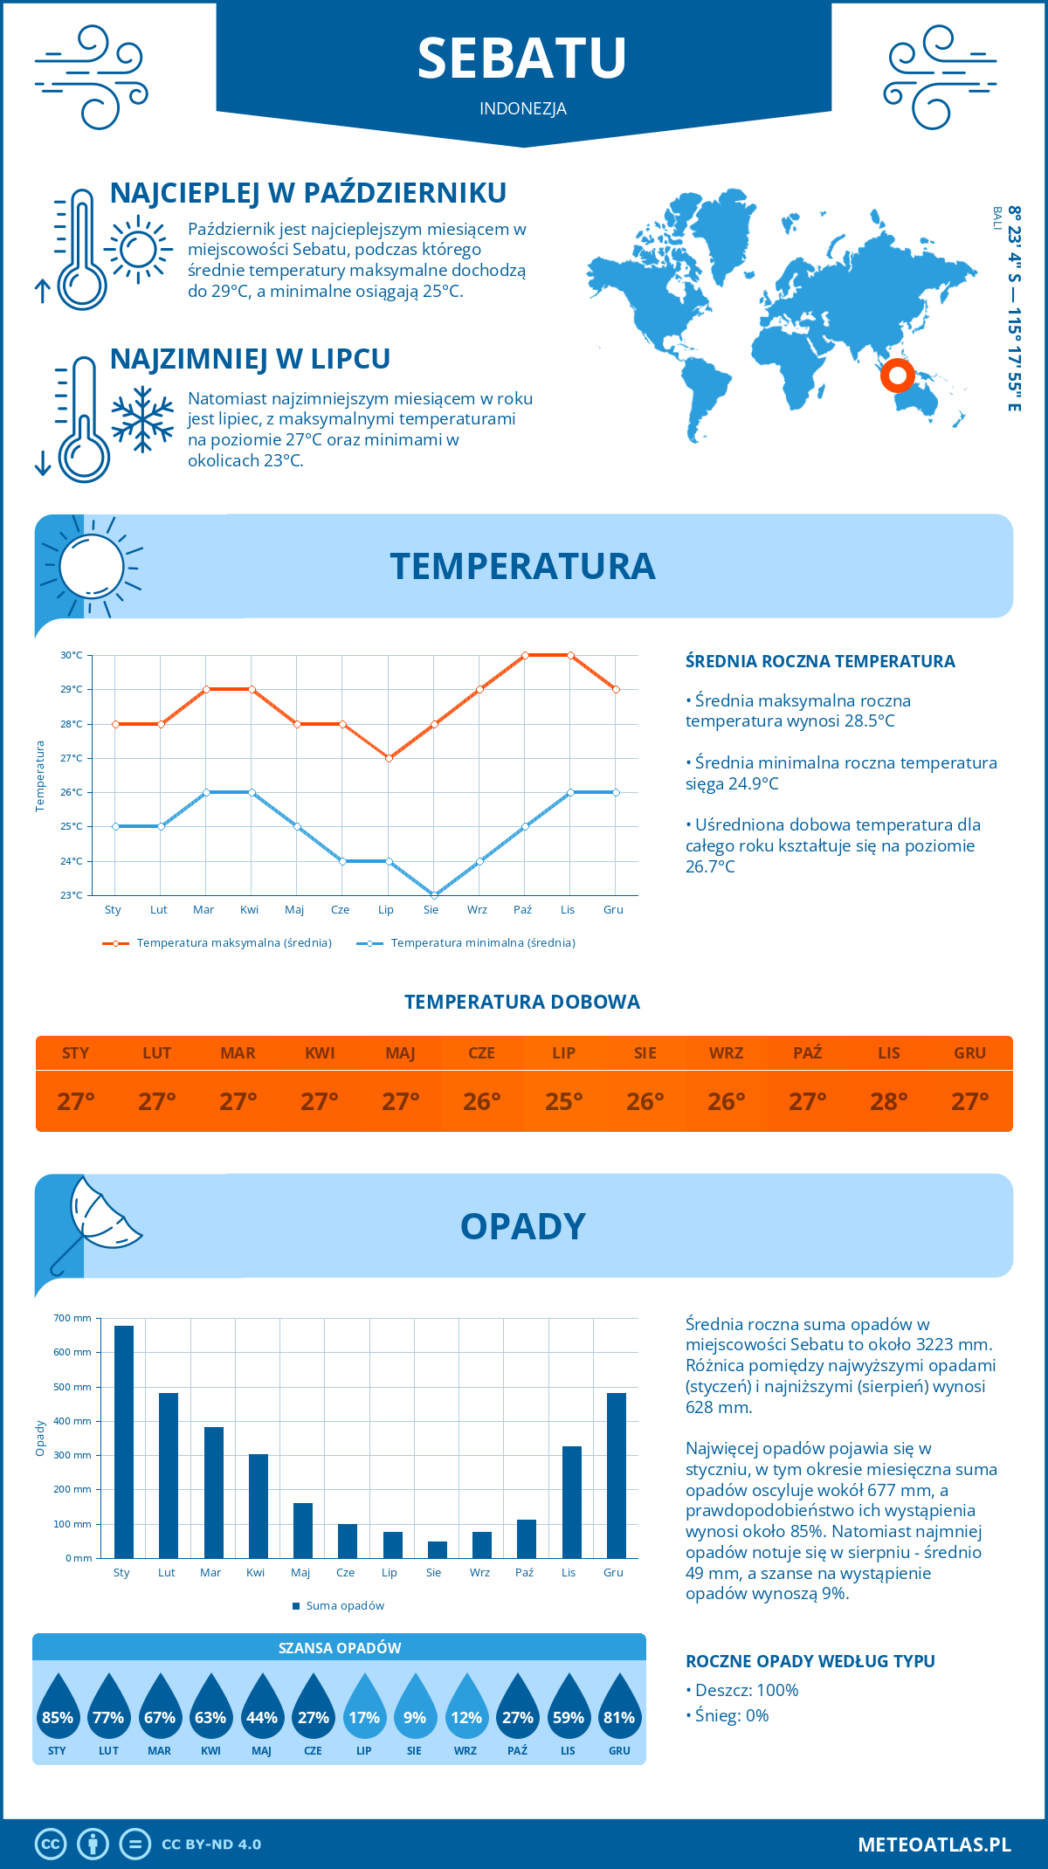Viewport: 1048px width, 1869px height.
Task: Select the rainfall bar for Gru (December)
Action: tap(617, 1475)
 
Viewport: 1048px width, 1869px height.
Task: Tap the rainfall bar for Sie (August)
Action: tap(438, 1549)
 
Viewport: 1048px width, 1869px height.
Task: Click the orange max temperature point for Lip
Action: tap(389, 758)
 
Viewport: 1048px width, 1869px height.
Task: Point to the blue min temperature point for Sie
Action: tap(434, 895)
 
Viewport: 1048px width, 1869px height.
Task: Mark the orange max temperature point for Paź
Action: tap(525, 655)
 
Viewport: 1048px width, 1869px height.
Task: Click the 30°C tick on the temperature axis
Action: tap(72, 655)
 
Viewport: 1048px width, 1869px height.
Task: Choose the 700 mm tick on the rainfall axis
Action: tap(73, 1318)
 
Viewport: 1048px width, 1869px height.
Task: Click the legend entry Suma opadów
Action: tap(345, 1605)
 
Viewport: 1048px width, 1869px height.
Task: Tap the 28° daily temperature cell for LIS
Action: tap(888, 1101)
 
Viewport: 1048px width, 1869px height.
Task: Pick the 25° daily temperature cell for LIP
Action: tap(563, 1101)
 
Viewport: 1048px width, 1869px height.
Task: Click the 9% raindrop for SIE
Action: tap(415, 1712)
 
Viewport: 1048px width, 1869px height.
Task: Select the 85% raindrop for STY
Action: tap(58, 1712)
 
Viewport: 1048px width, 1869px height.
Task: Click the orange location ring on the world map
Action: tap(897, 376)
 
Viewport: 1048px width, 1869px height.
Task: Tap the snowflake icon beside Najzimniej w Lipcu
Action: tap(142, 419)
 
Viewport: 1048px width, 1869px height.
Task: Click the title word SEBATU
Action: tap(522, 59)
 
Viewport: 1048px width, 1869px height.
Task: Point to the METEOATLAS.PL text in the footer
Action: tap(934, 1844)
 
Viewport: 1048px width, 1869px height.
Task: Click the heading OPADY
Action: tap(522, 1226)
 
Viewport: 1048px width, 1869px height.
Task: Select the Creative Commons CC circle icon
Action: tap(51, 1844)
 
